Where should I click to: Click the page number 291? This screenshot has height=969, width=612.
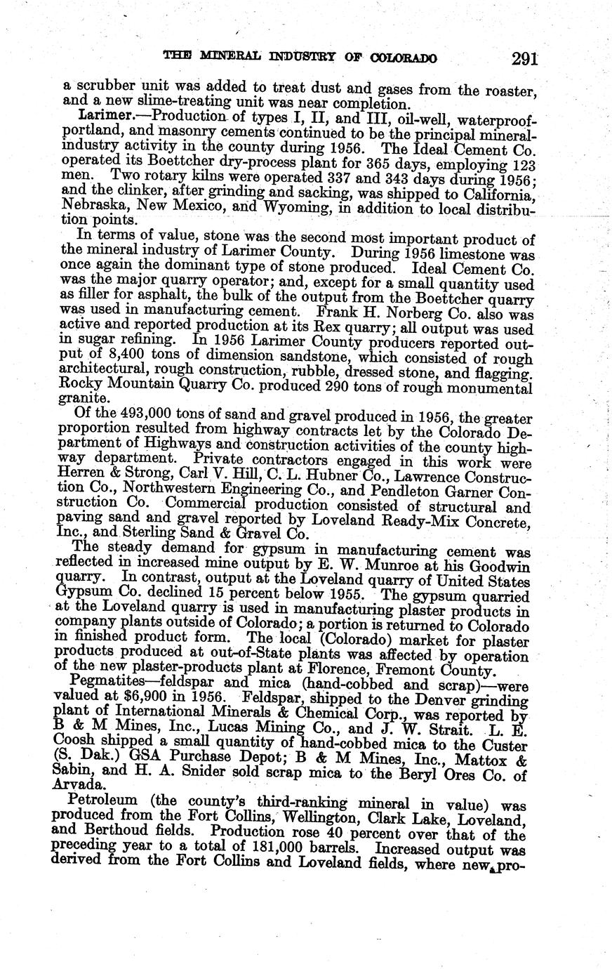tap(524, 58)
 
